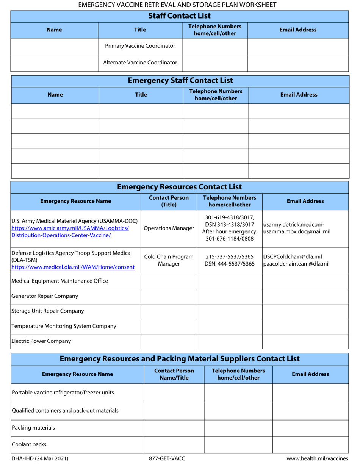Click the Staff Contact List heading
point(179,16)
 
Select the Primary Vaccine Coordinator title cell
point(140,46)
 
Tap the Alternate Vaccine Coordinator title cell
point(140,63)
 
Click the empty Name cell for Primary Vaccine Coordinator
point(54,46)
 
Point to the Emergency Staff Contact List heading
point(180,81)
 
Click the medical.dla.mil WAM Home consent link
point(73,267)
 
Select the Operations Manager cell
point(169,228)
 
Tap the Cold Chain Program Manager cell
point(169,260)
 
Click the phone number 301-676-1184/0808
point(229,239)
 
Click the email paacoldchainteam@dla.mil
point(296,264)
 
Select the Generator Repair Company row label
point(45,296)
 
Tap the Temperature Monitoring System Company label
point(64,326)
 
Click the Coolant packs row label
point(29,444)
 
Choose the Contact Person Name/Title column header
point(174,374)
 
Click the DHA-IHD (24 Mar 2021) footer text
point(40,458)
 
